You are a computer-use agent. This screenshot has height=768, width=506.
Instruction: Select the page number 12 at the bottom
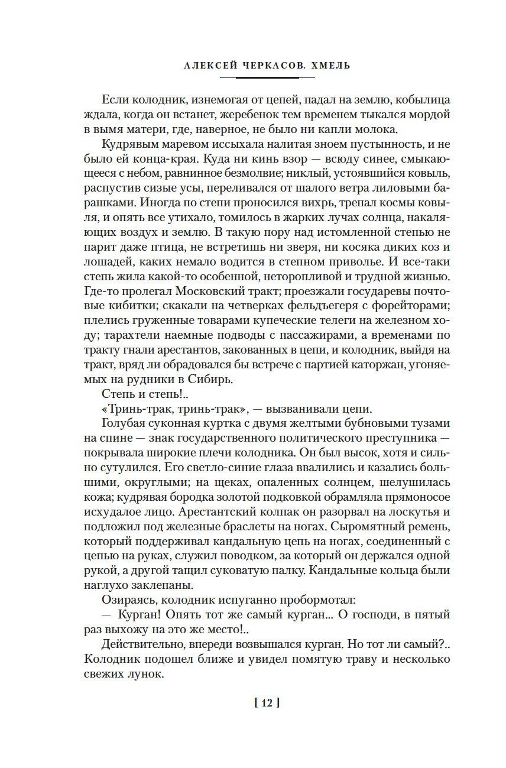pyautogui.click(x=265, y=702)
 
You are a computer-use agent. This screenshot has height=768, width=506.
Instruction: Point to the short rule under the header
pyautogui.click(x=265, y=76)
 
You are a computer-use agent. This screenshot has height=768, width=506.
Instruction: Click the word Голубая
pyautogui.click(x=124, y=424)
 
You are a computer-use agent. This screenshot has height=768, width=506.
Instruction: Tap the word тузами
pyautogui.click(x=433, y=424)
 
